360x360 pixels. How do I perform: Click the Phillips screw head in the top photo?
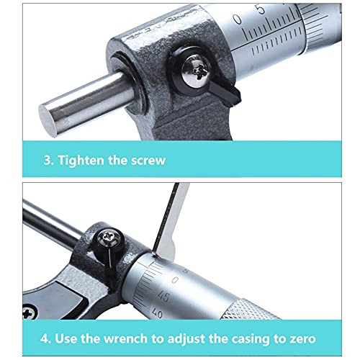[196, 71]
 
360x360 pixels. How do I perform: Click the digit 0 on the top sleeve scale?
[238, 19]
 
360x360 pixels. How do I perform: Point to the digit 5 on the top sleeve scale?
[261, 9]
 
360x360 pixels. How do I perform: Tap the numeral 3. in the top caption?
[49, 161]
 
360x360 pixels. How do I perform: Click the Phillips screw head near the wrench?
[110, 238]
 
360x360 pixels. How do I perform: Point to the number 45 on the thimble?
[163, 297]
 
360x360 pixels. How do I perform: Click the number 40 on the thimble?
[158, 312]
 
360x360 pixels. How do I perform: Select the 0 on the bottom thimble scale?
[176, 280]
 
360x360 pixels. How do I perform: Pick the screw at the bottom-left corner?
[30, 312]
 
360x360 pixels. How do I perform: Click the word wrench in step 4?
[126, 339]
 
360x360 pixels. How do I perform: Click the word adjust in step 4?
[186, 339]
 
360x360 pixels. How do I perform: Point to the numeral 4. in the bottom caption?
[45, 339]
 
